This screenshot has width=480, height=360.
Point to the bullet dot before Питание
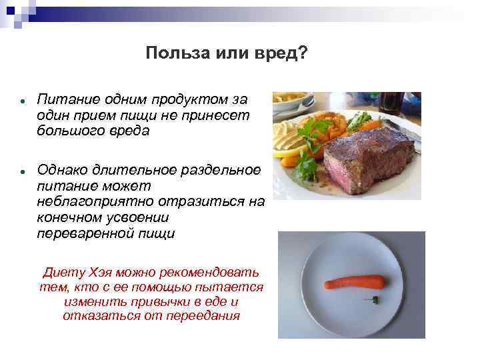coord(22,101)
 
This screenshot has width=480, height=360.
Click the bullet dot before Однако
coord(22,171)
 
